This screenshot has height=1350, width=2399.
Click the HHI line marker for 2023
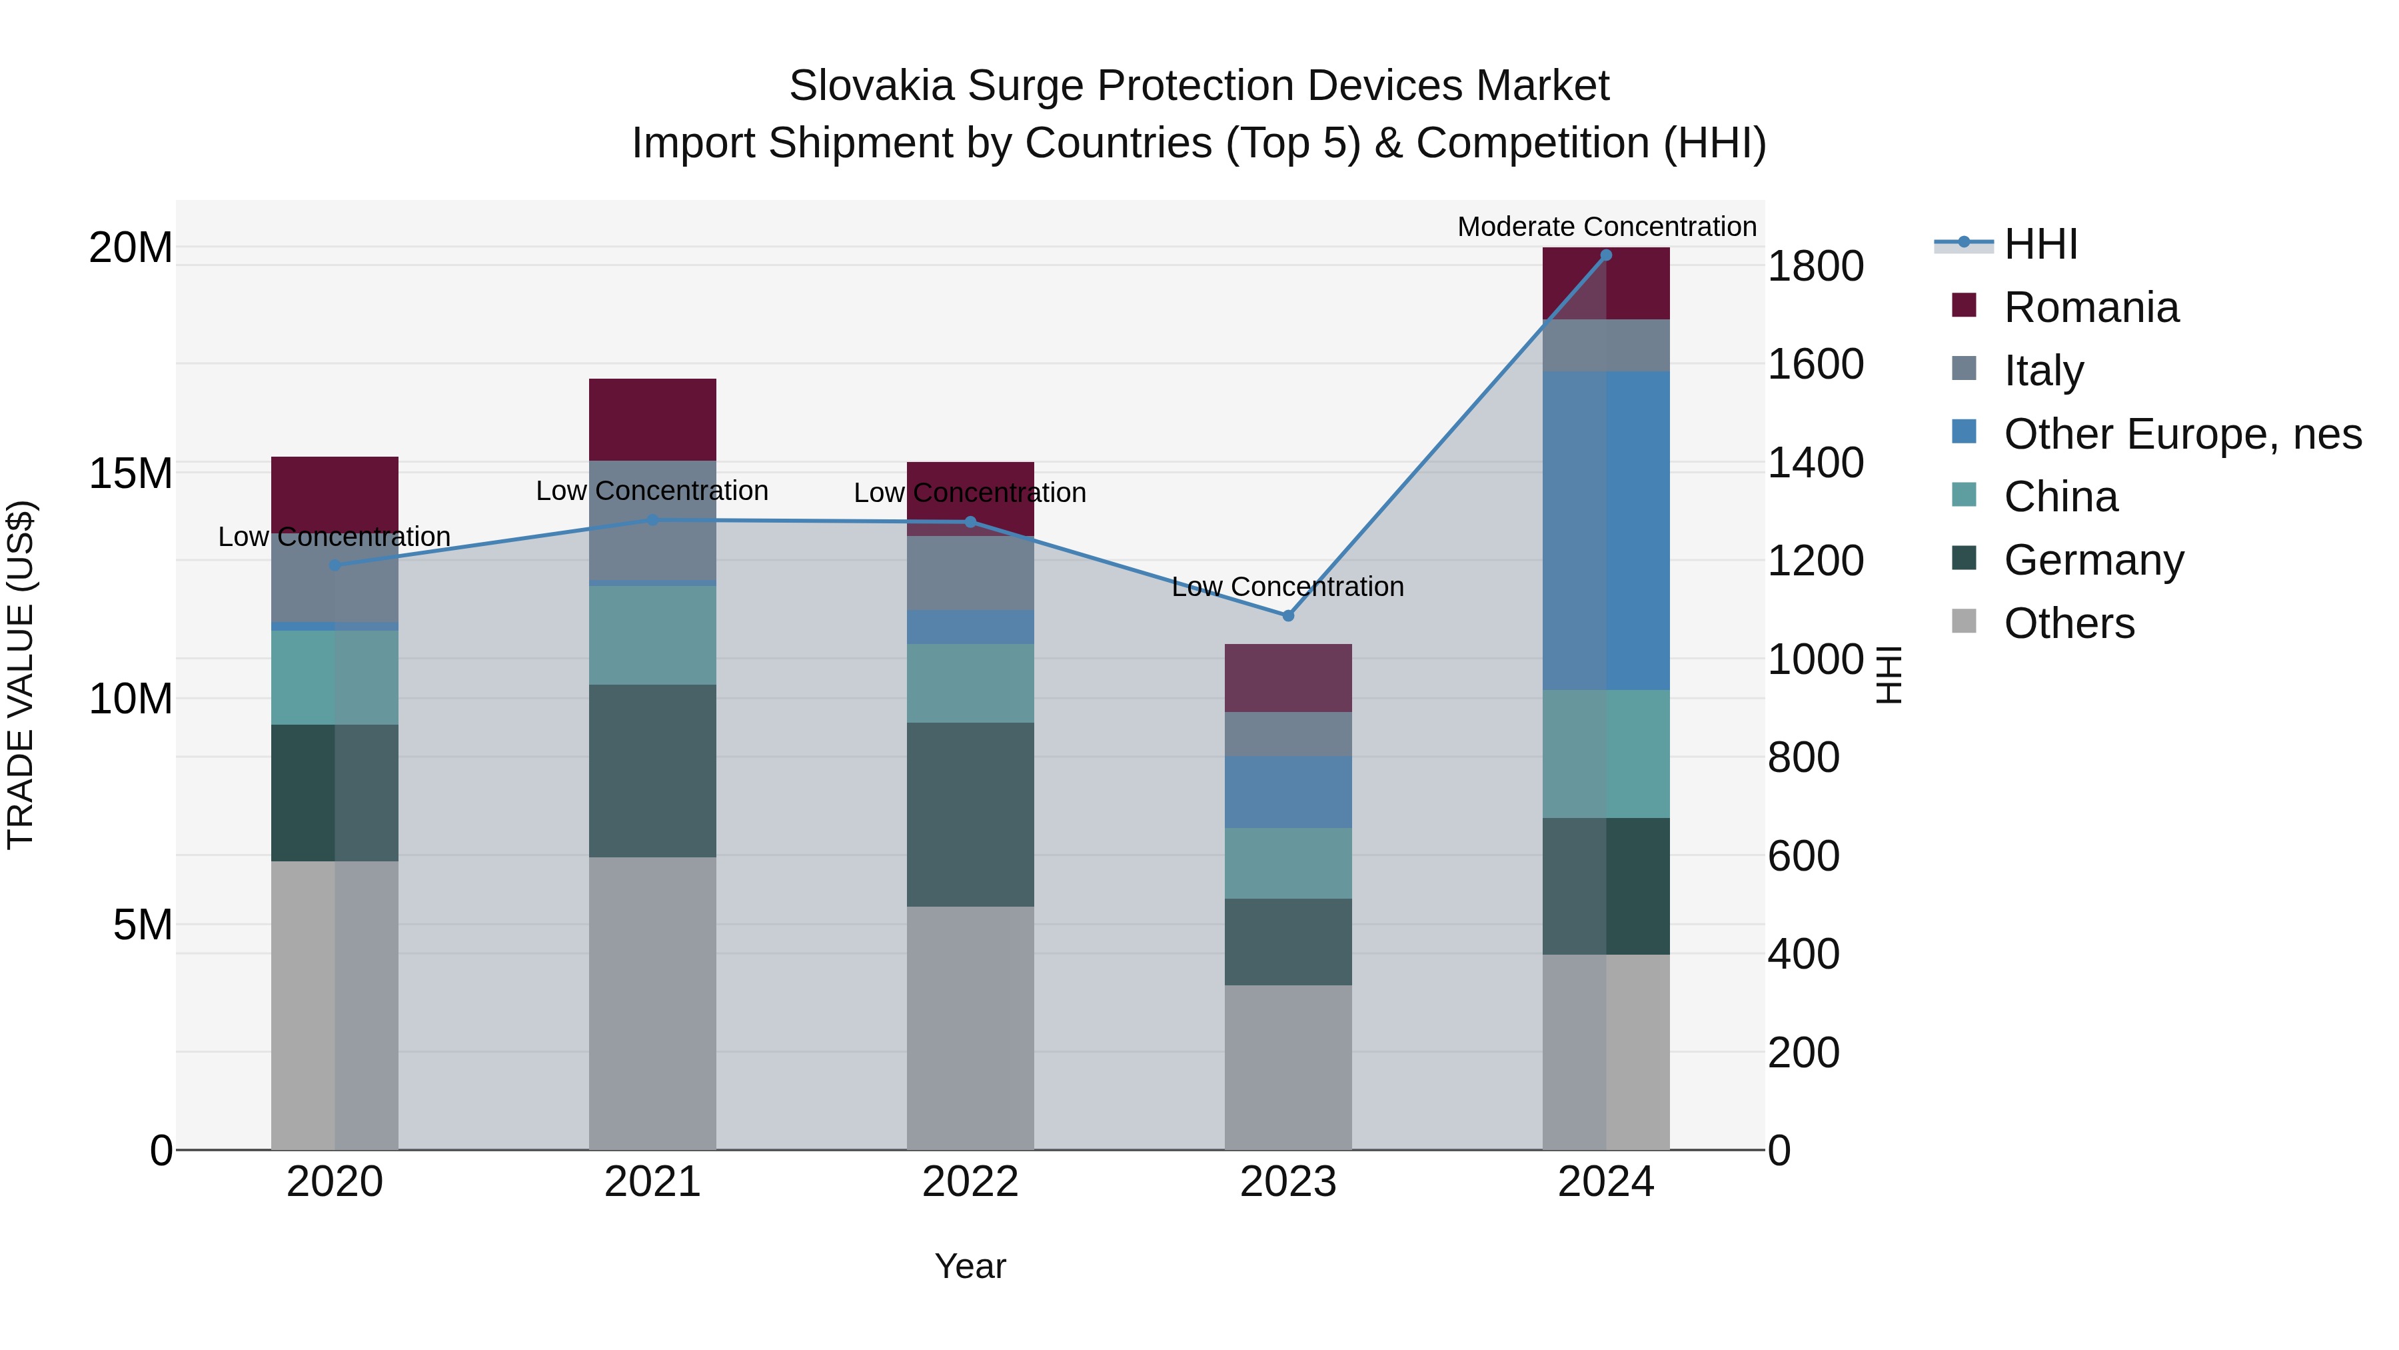(1288, 616)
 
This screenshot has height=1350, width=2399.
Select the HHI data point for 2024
(1605, 255)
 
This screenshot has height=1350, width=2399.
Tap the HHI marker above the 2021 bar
(652, 520)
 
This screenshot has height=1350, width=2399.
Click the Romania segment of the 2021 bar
(652, 419)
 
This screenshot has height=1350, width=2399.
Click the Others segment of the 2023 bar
(1288, 1067)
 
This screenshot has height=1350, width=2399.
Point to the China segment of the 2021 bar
(652, 635)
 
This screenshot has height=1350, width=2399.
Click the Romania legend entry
(2090, 307)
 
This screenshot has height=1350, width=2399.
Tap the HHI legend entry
(2040, 244)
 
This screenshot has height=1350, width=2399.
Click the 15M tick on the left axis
(131, 473)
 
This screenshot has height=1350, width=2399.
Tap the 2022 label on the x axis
(970, 1182)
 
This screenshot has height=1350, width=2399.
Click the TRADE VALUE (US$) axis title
(21, 675)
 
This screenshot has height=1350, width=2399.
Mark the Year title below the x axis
(970, 1266)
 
